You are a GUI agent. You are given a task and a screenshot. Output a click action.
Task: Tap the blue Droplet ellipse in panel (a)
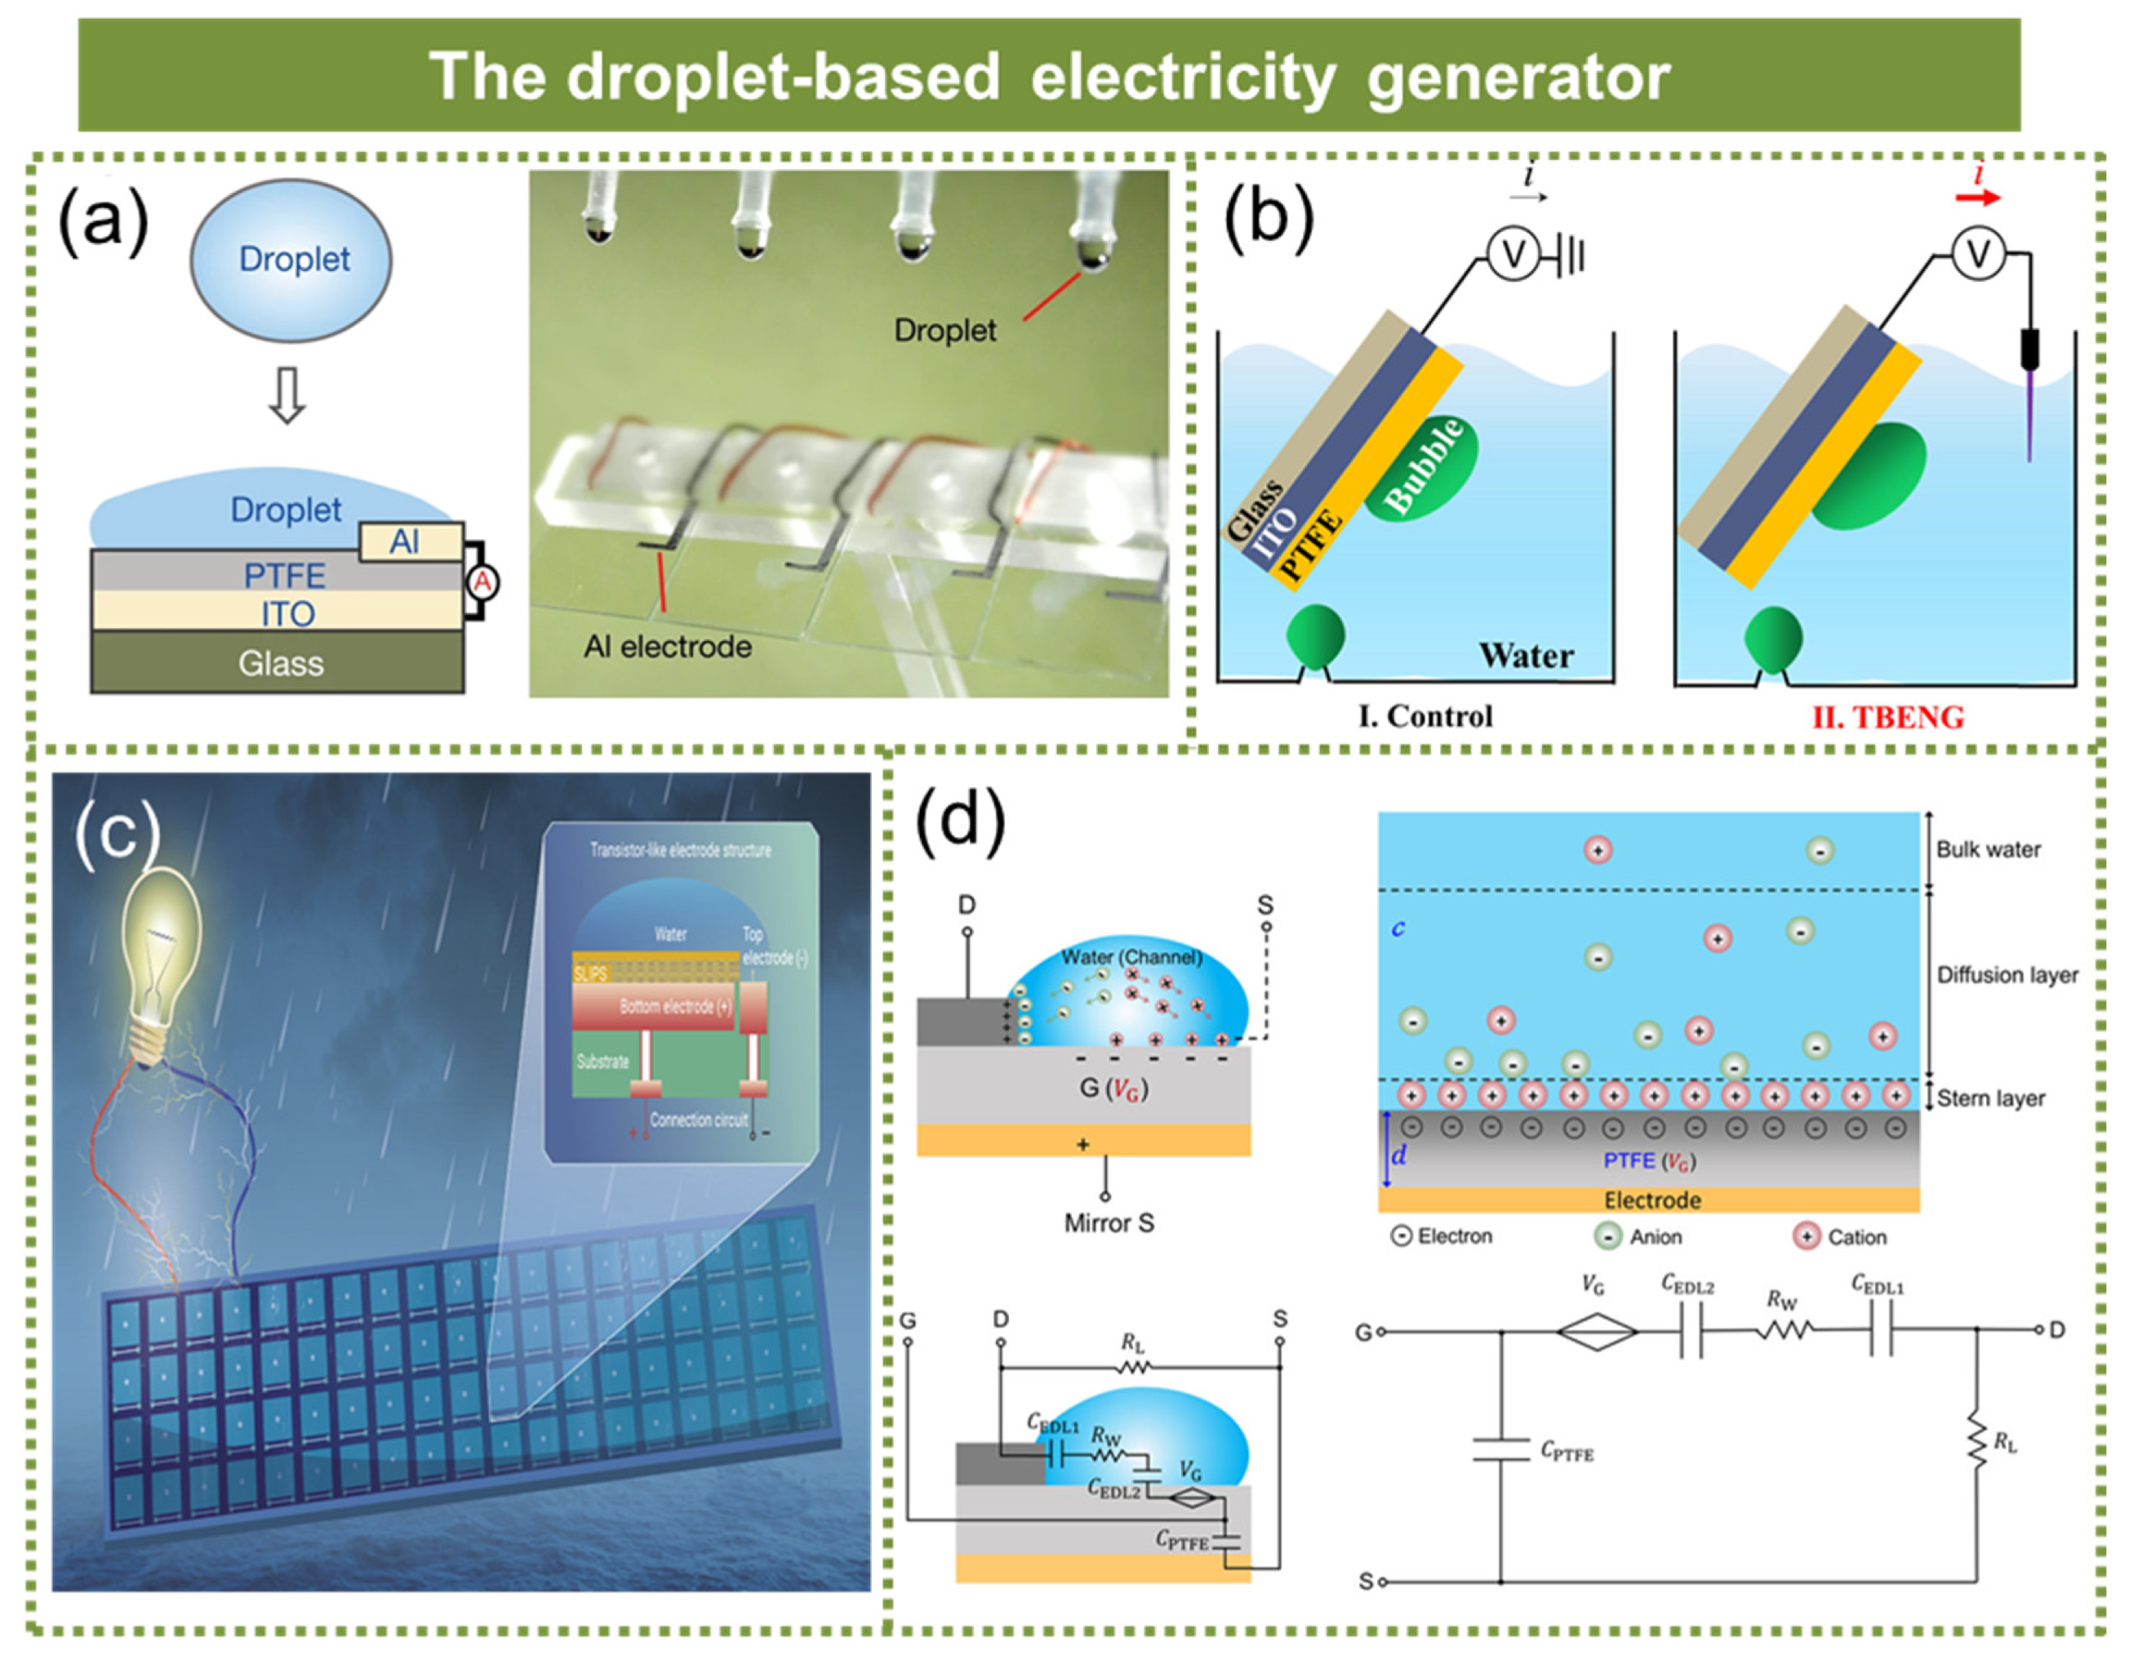(291, 259)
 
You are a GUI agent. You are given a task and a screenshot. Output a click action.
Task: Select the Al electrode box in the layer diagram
(411, 541)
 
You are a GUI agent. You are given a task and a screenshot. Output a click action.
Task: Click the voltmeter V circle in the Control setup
(1513, 255)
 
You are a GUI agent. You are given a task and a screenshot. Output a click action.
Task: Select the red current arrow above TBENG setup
(1977, 197)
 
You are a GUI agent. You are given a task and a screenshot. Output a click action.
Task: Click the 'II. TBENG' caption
(1887, 716)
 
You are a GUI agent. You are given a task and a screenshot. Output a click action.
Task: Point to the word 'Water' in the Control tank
(1526, 655)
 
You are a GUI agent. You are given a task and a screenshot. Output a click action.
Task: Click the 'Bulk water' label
(1987, 848)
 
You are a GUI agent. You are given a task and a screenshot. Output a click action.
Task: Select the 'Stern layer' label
(1990, 1097)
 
